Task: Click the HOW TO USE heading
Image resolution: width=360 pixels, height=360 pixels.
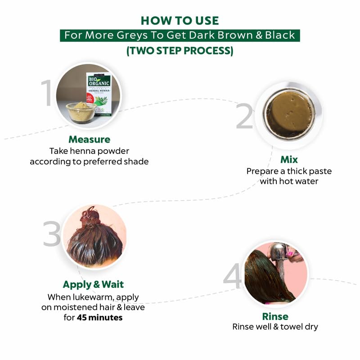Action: (180, 21)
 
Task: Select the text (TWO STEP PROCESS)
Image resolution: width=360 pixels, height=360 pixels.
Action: (180, 51)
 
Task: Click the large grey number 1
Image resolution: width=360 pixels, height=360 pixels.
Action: (46, 93)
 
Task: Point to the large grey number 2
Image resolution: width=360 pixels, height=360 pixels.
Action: (244, 116)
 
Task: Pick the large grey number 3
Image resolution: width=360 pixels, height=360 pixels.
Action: (52, 234)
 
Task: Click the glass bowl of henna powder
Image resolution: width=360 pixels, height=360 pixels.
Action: (81, 112)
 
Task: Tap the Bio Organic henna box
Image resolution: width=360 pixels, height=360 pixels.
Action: (99, 94)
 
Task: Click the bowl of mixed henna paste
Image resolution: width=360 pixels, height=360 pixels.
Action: (289, 114)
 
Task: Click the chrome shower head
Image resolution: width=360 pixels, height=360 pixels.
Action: (279, 252)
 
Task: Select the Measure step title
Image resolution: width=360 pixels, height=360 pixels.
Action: (89, 139)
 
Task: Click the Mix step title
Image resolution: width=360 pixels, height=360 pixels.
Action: (289, 160)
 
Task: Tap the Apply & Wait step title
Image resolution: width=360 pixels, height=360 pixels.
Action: (93, 284)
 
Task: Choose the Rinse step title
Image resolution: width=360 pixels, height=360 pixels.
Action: (275, 316)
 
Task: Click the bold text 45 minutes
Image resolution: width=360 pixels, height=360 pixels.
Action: (99, 318)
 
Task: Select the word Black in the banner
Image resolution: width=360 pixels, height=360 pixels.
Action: (280, 36)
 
